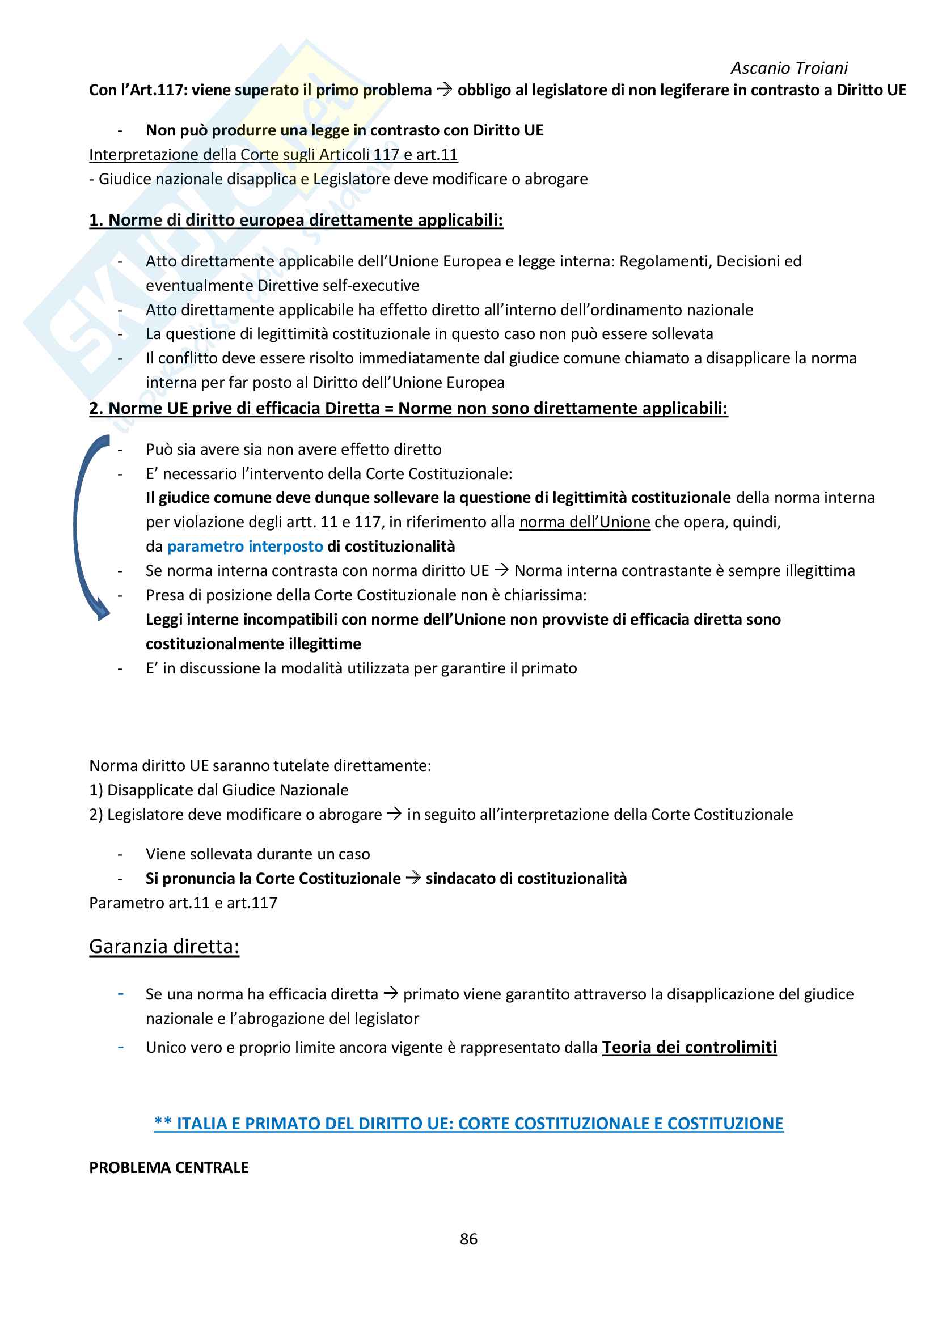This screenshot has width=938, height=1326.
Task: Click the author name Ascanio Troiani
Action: pos(789,68)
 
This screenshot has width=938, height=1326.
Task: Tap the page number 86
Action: pos(468,1239)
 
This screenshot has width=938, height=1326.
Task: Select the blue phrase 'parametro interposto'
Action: pos(245,547)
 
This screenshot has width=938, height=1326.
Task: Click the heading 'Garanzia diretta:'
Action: pos(164,947)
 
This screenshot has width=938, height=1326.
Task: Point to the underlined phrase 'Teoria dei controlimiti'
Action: pos(689,1047)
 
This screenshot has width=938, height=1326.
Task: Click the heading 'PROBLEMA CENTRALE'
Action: pos(168,1167)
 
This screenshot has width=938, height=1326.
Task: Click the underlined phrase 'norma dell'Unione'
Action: pos(585,522)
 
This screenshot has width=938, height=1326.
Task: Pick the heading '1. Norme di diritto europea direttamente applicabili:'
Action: pos(295,220)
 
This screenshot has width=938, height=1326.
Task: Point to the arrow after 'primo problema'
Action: pos(444,90)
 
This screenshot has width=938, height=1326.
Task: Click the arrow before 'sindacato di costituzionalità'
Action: pos(413,878)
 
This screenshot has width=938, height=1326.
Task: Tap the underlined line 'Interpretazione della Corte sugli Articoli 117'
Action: pos(273,155)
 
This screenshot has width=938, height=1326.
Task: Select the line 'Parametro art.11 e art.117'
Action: pos(183,903)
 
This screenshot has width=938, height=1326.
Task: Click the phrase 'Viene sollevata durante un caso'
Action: pos(257,854)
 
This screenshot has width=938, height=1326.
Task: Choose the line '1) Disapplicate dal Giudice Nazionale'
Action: pos(219,790)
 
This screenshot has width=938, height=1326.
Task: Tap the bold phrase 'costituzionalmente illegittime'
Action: pos(253,643)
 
